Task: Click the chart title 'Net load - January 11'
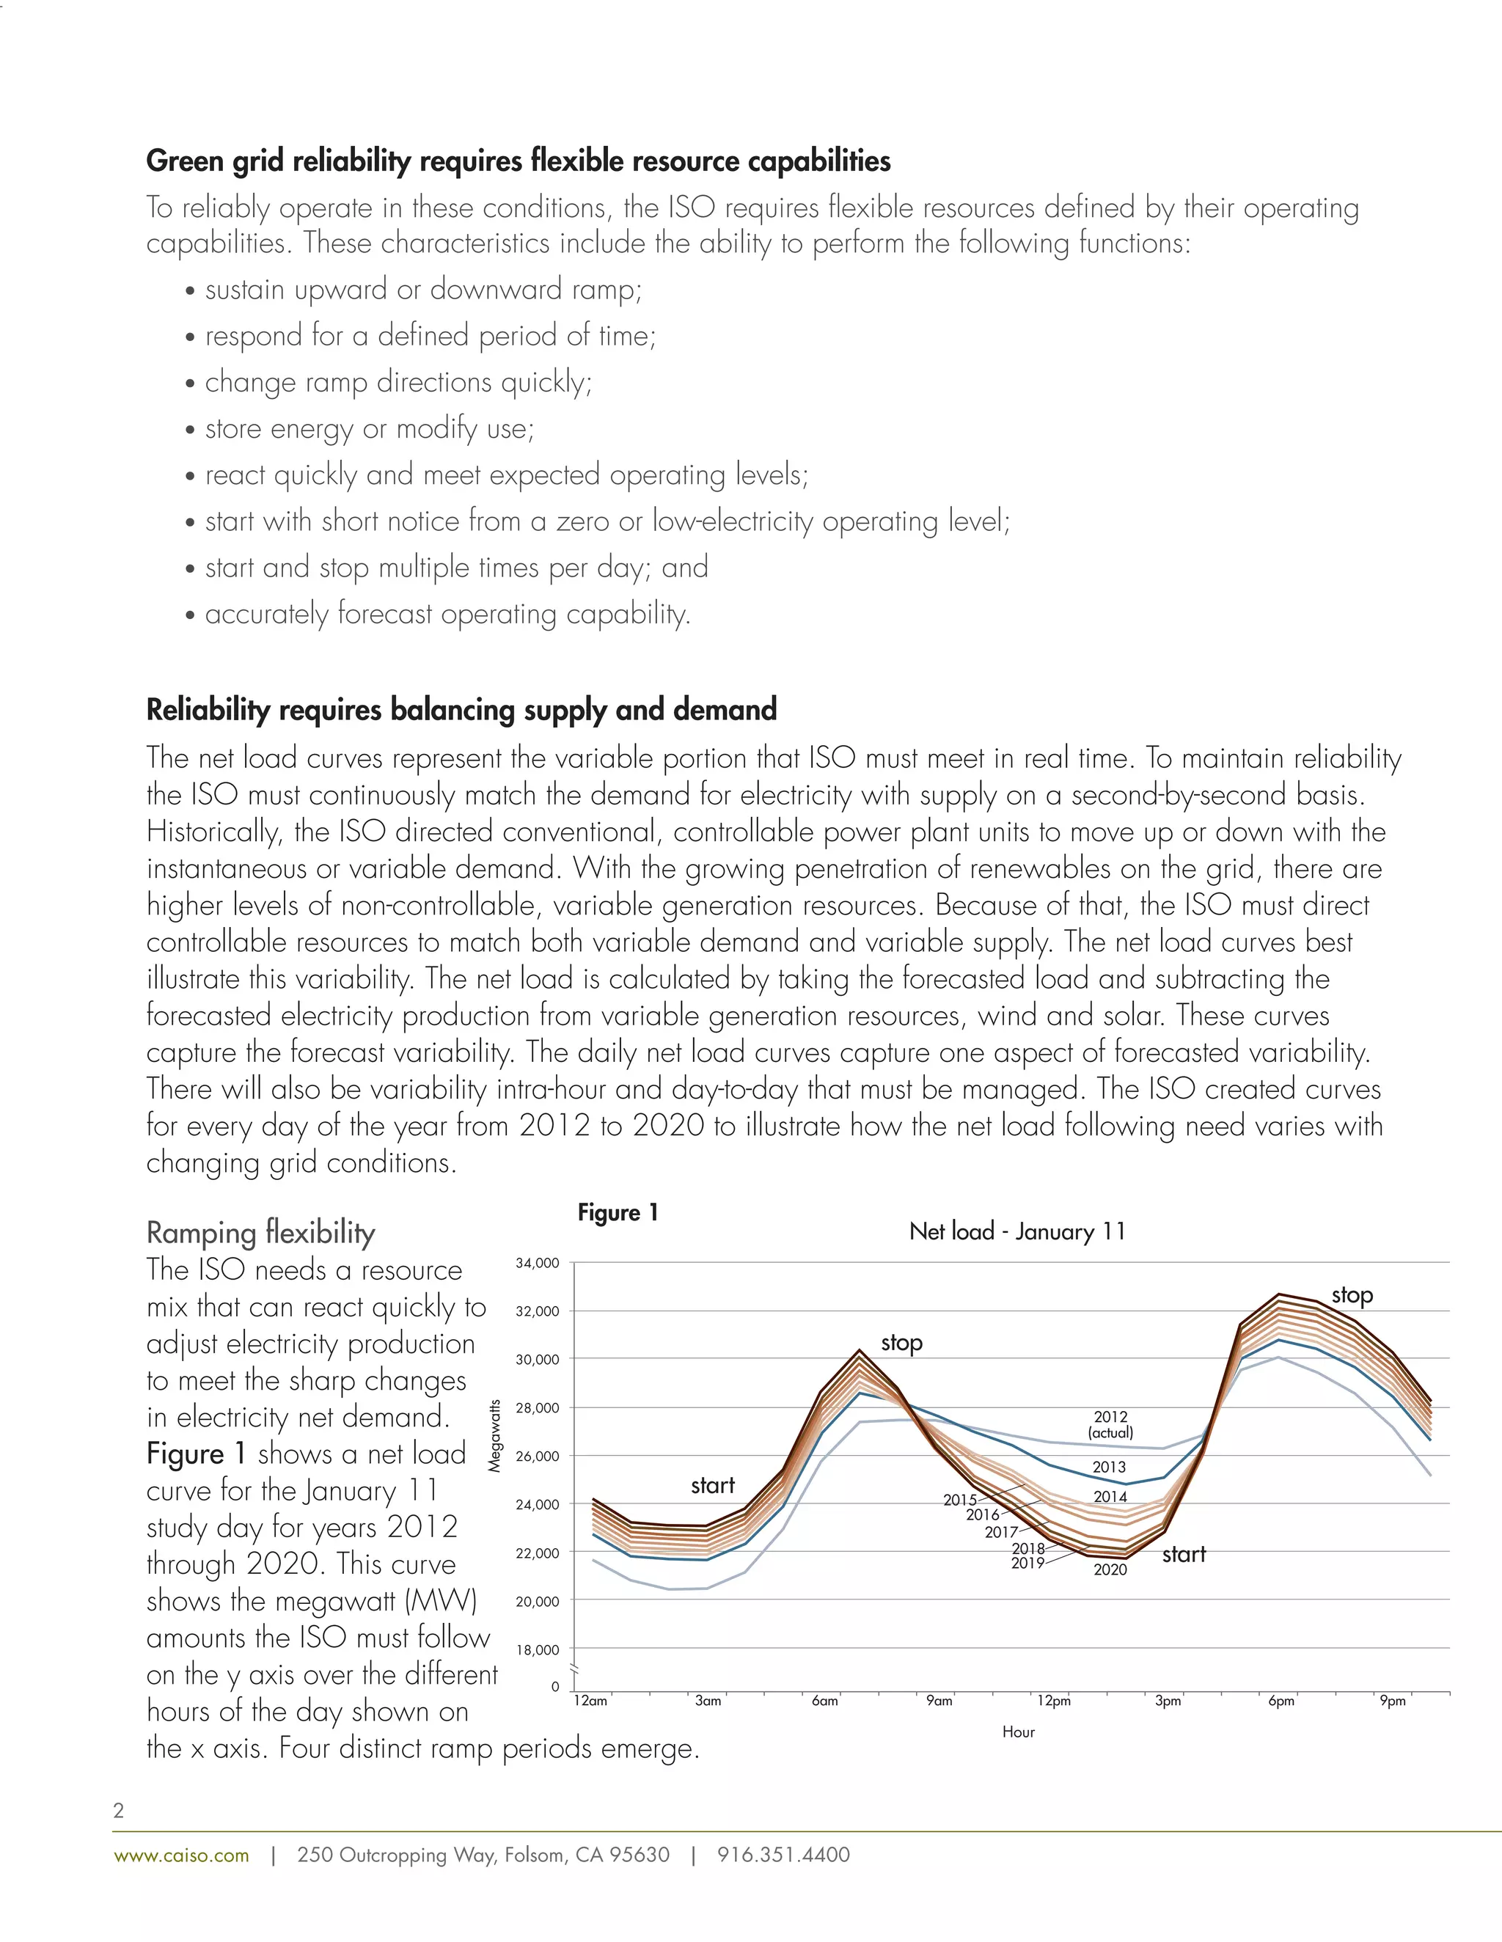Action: (x=1017, y=1231)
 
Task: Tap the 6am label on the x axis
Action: (x=825, y=1701)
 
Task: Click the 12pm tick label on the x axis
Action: (x=1054, y=1701)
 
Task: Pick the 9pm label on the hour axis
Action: (x=1393, y=1701)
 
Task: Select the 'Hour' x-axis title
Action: (x=1018, y=1732)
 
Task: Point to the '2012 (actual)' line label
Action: (x=1110, y=1424)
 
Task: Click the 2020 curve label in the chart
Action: (x=1110, y=1569)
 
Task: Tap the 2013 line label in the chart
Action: (x=1109, y=1468)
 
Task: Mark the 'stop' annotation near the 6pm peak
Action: (x=1352, y=1296)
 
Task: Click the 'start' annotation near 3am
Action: (x=712, y=1485)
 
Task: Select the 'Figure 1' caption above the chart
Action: (x=618, y=1213)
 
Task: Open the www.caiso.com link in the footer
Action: (x=181, y=1855)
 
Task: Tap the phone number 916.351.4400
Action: (x=783, y=1855)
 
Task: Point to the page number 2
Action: (x=118, y=1811)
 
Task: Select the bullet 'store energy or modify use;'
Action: (x=369, y=428)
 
